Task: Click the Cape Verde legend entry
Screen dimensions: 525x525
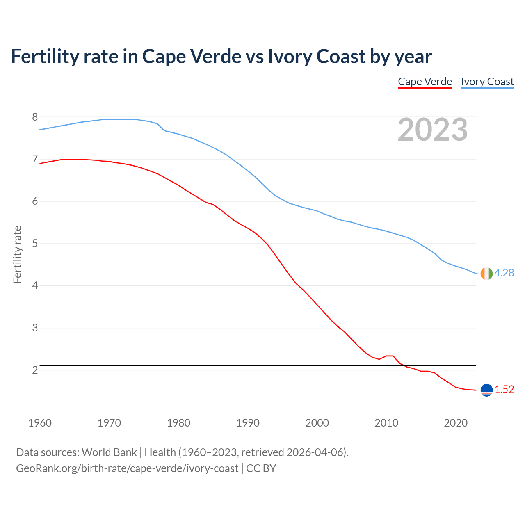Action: coord(425,82)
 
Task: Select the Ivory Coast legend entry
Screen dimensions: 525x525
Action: coord(487,82)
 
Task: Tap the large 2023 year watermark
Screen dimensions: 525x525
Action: coord(433,130)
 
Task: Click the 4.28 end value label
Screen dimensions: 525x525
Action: coord(504,273)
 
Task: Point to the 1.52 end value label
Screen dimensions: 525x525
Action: coord(504,389)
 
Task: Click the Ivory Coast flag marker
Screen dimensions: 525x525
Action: coord(486,273)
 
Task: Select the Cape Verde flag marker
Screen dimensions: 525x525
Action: coord(486,390)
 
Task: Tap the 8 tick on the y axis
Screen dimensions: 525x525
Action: coord(35,117)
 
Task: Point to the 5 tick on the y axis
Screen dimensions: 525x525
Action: coord(35,244)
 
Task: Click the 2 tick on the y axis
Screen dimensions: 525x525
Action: coord(35,370)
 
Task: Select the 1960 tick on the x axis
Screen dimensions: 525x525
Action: coord(40,423)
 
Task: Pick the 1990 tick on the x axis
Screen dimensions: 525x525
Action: coord(248,423)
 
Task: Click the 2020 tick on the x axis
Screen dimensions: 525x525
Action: coord(456,423)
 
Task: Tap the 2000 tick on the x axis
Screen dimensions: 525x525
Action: coord(317,423)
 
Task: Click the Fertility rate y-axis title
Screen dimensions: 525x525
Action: coord(17,254)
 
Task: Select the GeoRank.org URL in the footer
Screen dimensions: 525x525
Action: coord(127,468)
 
